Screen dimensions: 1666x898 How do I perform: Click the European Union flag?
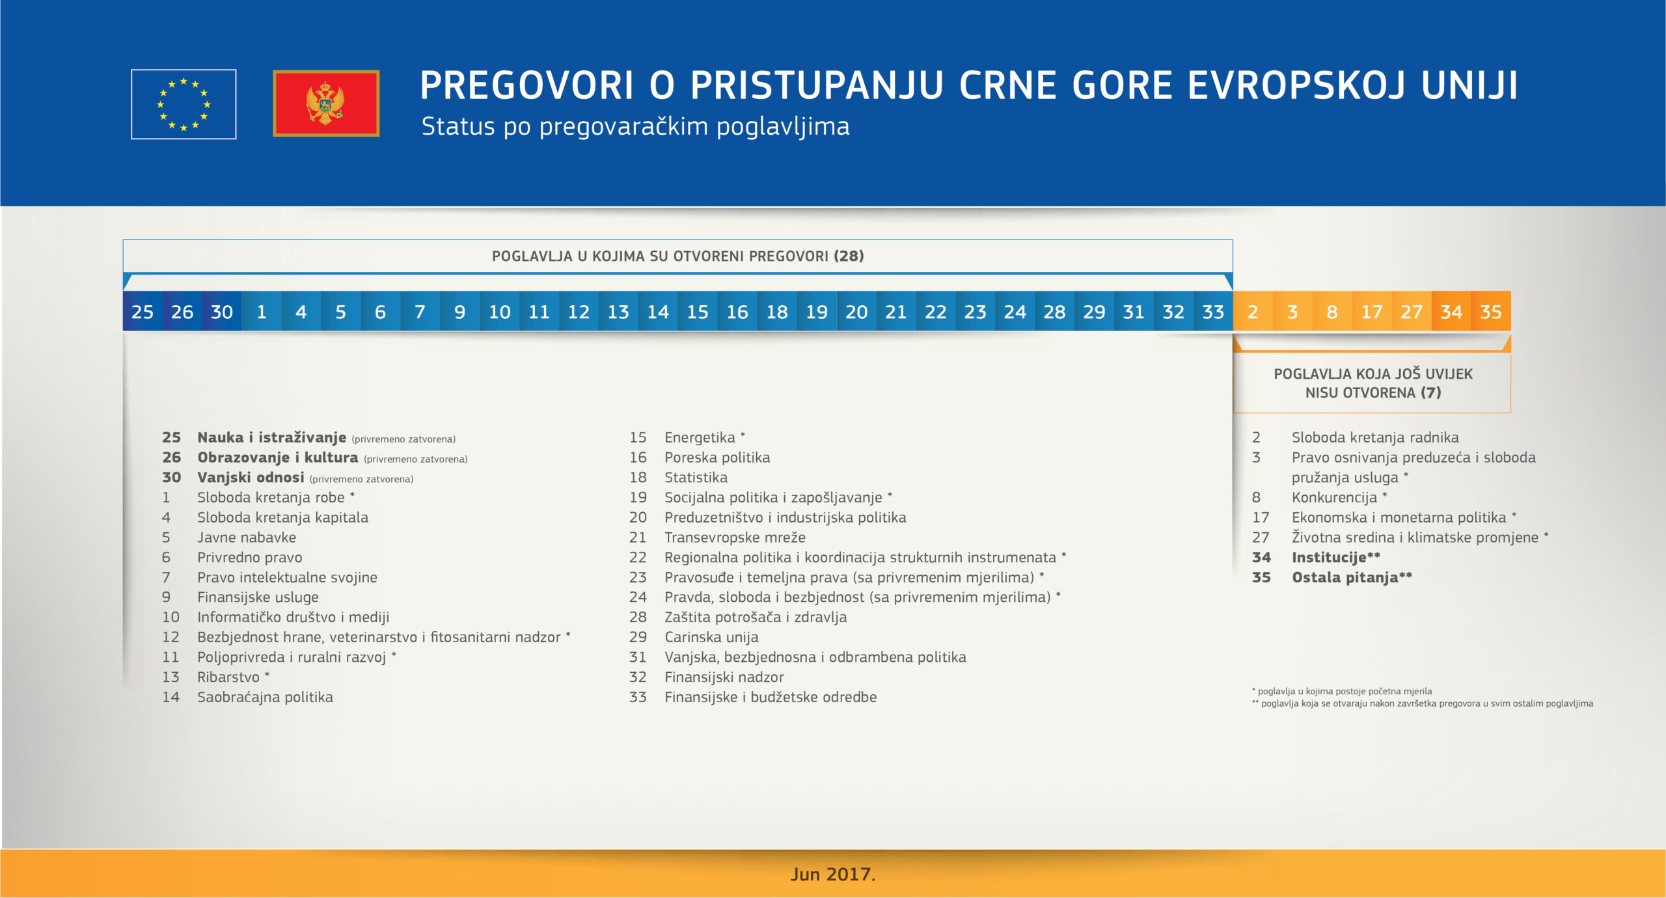pyautogui.click(x=184, y=104)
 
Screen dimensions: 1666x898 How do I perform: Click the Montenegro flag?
pyautogui.click(x=326, y=103)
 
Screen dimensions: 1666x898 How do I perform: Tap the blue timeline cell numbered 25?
pyautogui.click(x=143, y=312)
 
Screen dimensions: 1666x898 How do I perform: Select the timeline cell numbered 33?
pyautogui.click(x=1213, y=312)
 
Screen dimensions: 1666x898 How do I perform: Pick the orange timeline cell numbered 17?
pyautogui.click(x=1372, y=312)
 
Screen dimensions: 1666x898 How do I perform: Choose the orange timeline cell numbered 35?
pyautogui.click(x=1491, y=312)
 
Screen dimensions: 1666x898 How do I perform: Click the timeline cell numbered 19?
pyautogui.click(x=817, y=312)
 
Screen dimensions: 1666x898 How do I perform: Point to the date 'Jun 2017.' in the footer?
pyautogui.click(x=833, y=874)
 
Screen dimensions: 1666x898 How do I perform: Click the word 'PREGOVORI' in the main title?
pyautogui.click(x=527, y=85)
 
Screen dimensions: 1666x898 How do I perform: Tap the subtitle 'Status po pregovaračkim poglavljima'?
pyautogui.click(x=635, y=127)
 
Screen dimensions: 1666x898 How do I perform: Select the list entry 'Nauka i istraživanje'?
pyautogui.click(x=272, y=437)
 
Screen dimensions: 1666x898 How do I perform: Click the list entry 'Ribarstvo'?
pyautogui.click(x=228, y=677)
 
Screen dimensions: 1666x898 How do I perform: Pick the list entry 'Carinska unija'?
pyautogui.click(x=711, y=637)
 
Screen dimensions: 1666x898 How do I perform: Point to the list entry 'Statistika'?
pyautogui.click(x=696, y=478)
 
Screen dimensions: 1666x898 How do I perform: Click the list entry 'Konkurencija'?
pyautogui.click(x=1335, y=498)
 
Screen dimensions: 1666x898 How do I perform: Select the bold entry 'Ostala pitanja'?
pyautogui.click(x=1345, y=578)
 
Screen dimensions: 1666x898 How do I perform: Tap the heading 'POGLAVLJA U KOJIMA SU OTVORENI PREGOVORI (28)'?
pyautogui.click(x=678, y=256)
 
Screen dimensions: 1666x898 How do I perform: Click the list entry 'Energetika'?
pyautogui.click(x=700, y=438)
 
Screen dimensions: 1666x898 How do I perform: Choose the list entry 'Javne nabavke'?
pyautogui.click(x=247, y=537)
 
